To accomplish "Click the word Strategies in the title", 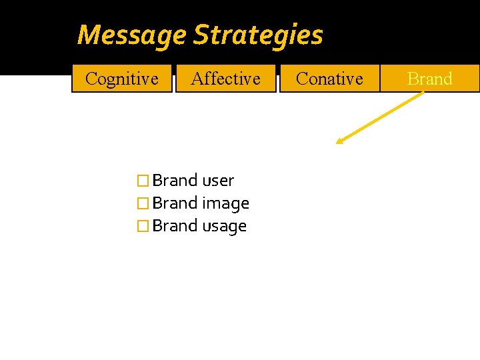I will click(258, 35).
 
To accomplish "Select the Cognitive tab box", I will click(122, 79).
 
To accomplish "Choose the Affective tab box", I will click(225, 79).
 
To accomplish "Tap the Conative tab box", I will click(329, 79).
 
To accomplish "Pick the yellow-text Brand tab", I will click(429, 79).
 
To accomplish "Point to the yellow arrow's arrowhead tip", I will click(337, 143).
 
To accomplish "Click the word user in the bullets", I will click(217, 181).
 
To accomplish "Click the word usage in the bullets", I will click(224, 226).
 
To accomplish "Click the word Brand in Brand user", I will click(175, 181).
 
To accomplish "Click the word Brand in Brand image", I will click(175, 203).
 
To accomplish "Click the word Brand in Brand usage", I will click(175, 226).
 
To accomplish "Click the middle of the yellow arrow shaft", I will click(380, 117).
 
